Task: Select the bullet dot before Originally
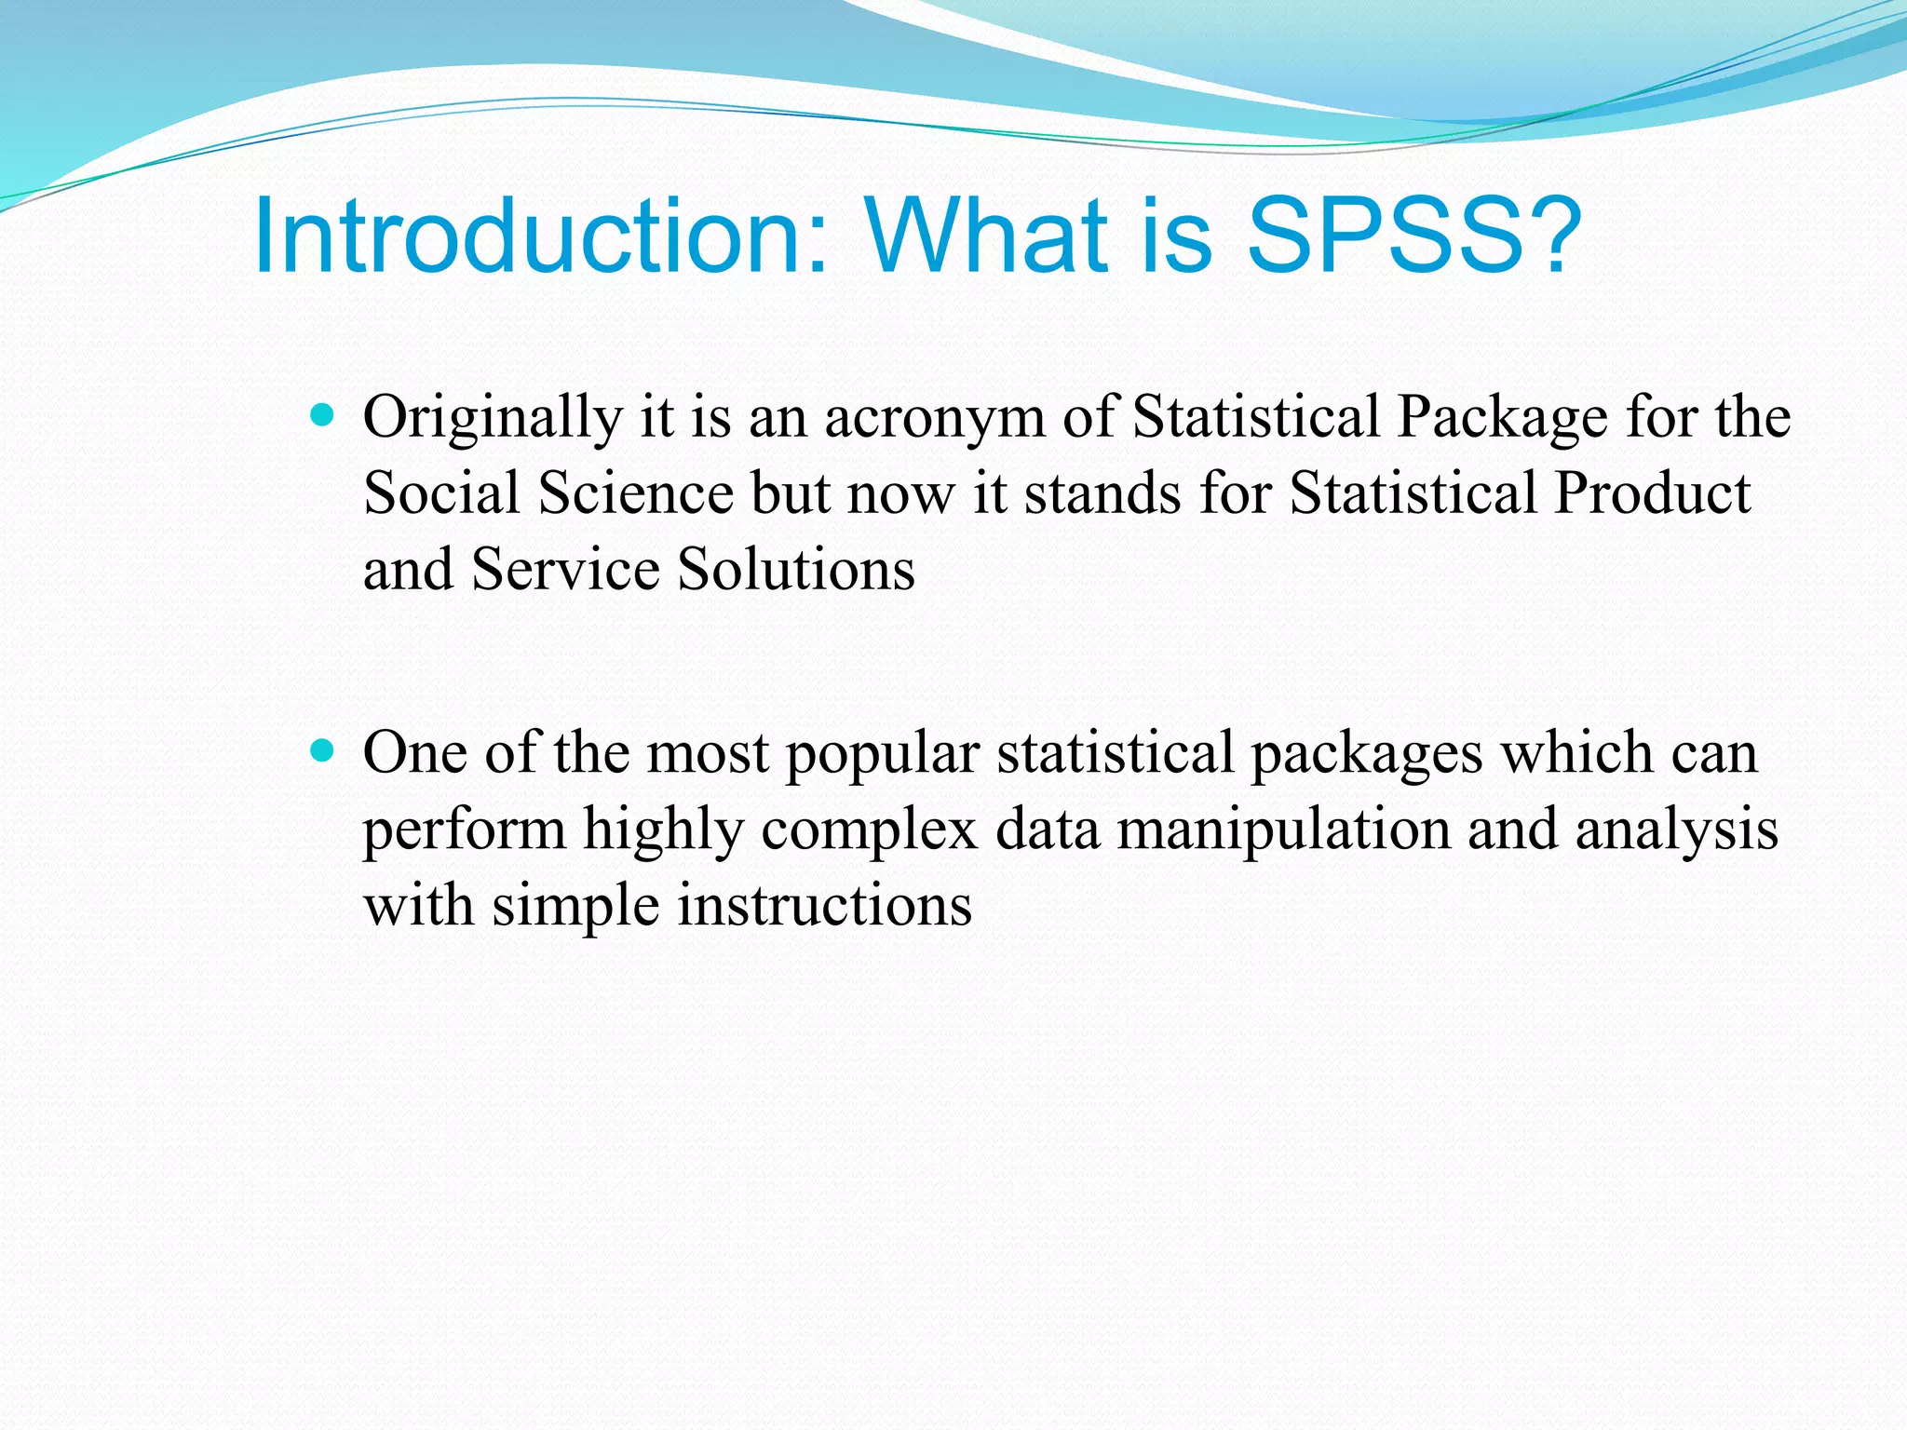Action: [322, 415]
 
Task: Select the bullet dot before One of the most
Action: [322, 750]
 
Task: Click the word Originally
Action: [493, 417]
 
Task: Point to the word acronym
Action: [934, 417]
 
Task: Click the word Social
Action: [440, 492]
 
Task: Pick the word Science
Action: [636, 492]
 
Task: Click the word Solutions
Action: [796, 569]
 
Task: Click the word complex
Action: [869, 830]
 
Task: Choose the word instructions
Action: [824, 905]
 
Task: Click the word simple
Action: [575, 905]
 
